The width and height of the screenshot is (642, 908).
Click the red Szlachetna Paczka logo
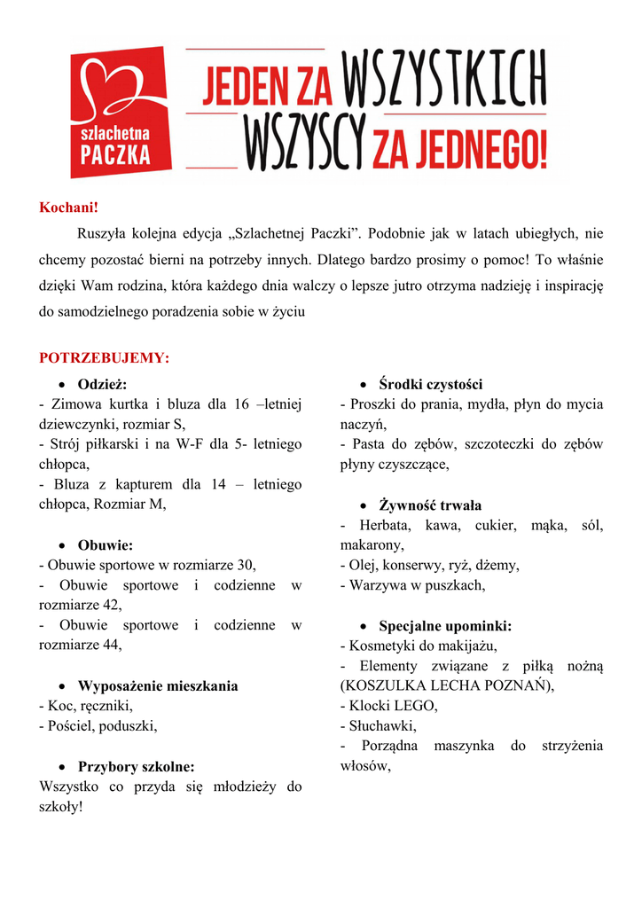119,113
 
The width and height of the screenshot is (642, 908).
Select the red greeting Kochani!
68,207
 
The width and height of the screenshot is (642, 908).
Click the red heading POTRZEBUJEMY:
104,358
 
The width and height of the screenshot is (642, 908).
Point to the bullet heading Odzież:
102,384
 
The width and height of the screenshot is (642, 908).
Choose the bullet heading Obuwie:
105,545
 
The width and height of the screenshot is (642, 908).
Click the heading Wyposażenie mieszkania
158,686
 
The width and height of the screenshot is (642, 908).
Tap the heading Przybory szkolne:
136,767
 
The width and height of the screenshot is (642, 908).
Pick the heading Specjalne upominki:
445,626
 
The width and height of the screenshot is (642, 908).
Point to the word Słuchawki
382,726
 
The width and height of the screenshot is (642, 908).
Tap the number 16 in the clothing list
242,404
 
